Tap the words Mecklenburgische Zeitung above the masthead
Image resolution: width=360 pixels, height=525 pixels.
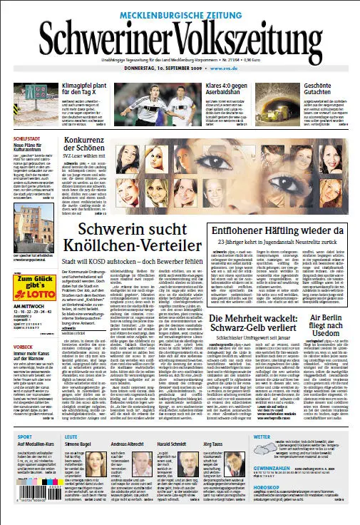(x=180, y=9)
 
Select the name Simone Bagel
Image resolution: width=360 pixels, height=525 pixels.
(x=77, y=443)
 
